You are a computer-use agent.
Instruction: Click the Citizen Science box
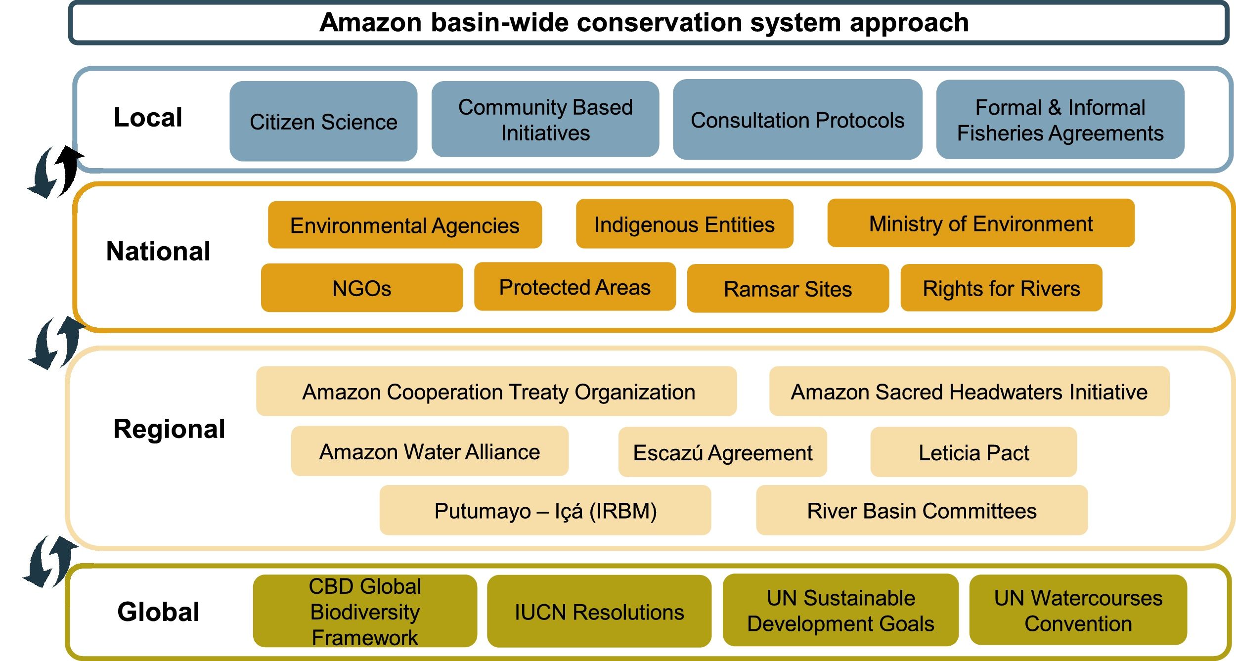323,121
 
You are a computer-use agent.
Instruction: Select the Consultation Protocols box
797,120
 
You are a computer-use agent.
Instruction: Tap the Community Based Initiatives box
545,120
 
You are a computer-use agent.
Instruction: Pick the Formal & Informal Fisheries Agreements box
1060,120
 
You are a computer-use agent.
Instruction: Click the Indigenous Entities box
684,224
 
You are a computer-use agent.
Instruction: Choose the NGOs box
361,288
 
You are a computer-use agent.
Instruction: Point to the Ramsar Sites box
788,288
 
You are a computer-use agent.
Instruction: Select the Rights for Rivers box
1001,288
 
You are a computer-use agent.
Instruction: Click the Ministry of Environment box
980,223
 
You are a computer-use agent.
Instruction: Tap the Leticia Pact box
973,452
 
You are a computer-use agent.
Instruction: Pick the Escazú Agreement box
722,452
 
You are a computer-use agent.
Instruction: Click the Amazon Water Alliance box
429,451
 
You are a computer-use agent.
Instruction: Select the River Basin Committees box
922,510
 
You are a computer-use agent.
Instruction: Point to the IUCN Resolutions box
599,611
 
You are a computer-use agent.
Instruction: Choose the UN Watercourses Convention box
1078,610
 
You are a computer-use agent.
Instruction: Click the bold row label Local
148,118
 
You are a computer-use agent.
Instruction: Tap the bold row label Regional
169,429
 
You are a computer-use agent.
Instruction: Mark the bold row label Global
158,612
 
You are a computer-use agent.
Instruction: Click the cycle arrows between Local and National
54,172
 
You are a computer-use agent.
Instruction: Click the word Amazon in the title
370,23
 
